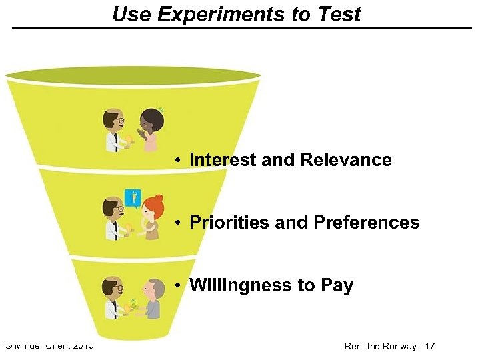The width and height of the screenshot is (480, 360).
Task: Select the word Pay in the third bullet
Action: click(337, 285)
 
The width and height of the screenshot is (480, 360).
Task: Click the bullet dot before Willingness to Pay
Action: click(179, 286)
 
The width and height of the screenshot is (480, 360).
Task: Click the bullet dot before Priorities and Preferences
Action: click(179, 223)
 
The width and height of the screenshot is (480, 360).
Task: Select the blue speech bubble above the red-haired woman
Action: click(133, 197)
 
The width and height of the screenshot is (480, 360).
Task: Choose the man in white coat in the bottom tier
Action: click(113, 299)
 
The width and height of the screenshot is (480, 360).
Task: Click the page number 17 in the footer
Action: click(429, 346)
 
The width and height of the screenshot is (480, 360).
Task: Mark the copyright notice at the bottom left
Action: click(49, 345)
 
